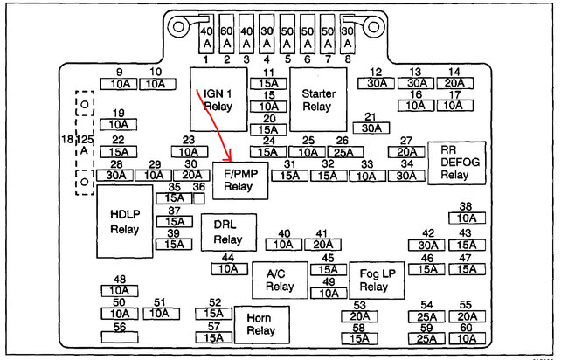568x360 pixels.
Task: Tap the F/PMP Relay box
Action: click(238, 179)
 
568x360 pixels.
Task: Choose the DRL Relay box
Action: click(227, 232)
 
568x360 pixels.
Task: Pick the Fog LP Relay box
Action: click(375, 280)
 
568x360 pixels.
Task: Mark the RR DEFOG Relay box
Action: click(455, 162)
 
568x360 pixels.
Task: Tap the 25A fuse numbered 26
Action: click(343, 152)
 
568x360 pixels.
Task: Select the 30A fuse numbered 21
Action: click(371, 128)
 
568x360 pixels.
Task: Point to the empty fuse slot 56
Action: click(120, 336)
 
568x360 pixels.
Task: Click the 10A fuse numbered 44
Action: click(228, 269)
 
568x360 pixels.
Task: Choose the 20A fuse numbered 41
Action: click(322, 245)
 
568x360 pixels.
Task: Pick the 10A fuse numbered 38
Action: click(466, 218)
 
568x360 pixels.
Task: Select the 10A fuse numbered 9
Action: click(120, 84)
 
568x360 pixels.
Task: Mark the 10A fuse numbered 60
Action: click(466, 338)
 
